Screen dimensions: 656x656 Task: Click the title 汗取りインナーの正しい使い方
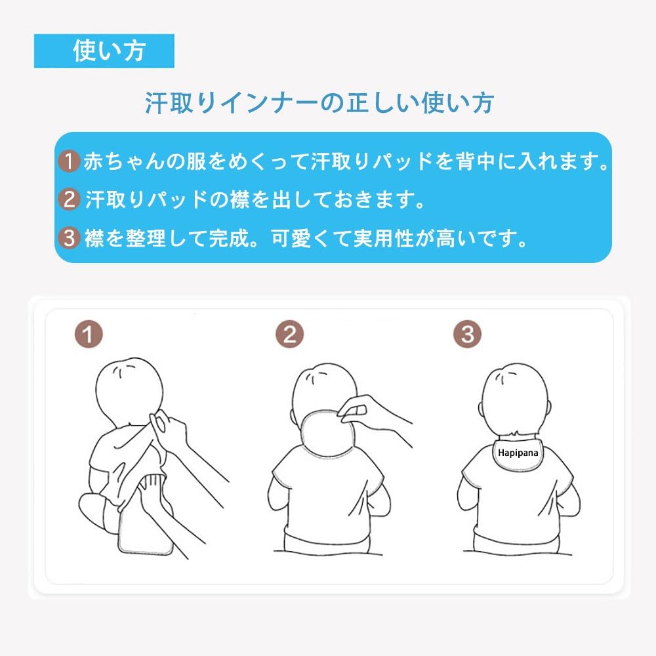(319, 103)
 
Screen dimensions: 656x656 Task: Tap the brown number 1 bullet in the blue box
(68, 161)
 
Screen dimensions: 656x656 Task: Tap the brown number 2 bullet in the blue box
(68, 199)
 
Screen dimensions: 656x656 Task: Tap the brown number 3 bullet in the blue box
(68, 237)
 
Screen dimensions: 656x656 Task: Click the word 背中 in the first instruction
(490, 161)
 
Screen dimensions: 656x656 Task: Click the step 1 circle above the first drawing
(88, 335)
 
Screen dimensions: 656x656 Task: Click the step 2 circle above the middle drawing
(289, 335)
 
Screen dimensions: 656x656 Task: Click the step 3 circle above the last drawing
(467, 335)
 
